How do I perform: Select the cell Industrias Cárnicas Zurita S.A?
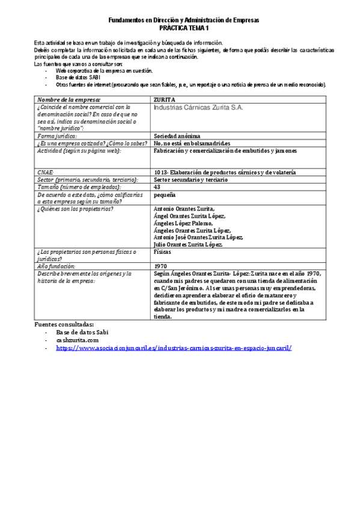[x=198, y=109]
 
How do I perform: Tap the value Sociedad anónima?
[x=178, y=136]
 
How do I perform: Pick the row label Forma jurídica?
[x=61, y=136]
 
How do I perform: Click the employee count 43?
[x=157, y=186]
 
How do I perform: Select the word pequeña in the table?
[x=164, y=195]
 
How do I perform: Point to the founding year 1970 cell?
[x=160, y=265]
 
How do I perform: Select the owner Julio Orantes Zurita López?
[x=189, y=244]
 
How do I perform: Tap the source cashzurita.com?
[x=77, y=340]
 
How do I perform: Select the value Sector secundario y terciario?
[x=191, y=179]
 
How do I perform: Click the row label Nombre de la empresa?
[x=69, y=99]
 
